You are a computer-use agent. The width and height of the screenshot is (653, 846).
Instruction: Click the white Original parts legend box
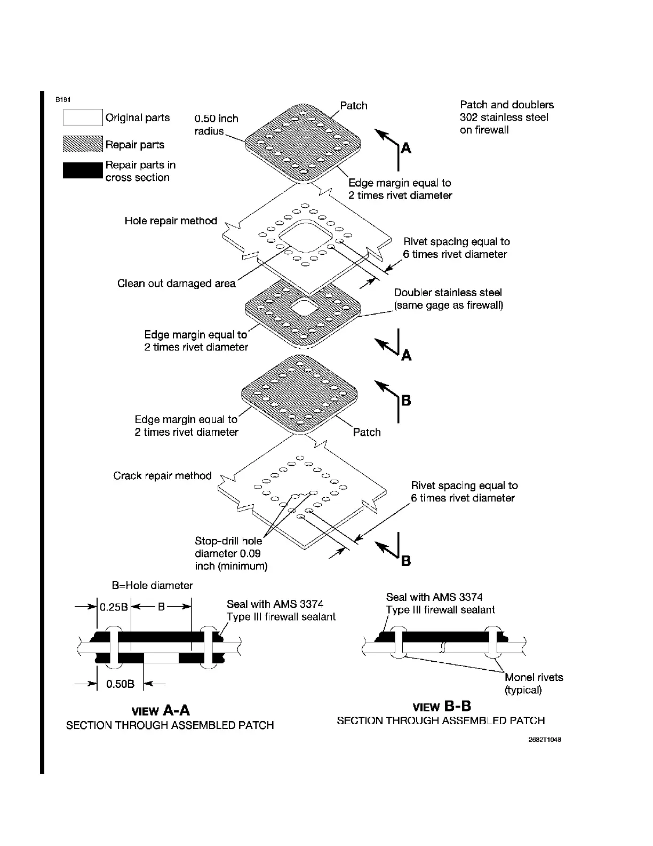(83, 117)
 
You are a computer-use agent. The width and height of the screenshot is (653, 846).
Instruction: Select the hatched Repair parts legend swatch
(83, 144)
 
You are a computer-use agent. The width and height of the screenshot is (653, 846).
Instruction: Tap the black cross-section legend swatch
(83, 170)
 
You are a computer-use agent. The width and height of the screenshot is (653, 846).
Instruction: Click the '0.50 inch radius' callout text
(216, 124)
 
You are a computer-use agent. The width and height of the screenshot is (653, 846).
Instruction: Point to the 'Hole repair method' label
(171, 221)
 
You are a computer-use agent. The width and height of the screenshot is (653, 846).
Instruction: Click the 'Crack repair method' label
(162, 475)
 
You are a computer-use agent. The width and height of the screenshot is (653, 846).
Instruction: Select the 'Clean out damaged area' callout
(176, 283)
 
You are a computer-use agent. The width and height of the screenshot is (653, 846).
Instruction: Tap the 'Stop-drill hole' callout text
(228, 541)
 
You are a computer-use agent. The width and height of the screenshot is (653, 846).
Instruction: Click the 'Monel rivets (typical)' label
(533, 684)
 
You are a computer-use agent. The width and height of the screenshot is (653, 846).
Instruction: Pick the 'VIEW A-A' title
(161, 710)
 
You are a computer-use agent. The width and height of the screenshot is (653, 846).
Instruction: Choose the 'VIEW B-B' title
(442, 707)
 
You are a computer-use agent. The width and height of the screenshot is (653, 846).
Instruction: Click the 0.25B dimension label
(113, 607)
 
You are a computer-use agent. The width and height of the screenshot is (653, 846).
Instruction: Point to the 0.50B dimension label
(121, 684)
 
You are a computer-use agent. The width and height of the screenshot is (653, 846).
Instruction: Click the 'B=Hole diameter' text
(152, 585)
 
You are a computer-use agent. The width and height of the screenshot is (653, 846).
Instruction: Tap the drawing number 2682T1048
(545, 740)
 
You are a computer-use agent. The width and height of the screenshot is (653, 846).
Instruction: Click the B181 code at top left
(62, 99)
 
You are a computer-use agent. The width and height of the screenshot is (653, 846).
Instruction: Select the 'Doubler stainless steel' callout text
(448, 292)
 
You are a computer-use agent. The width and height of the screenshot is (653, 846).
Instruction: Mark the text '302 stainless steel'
(504, 117)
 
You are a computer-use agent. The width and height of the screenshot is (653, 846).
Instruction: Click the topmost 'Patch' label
(354, 105)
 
